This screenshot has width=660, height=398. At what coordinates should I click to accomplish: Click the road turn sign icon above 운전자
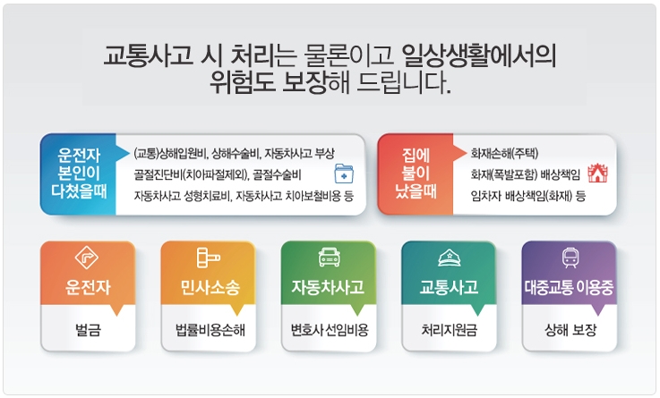click(86, 258)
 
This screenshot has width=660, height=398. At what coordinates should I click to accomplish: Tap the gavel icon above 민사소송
click(209, 258)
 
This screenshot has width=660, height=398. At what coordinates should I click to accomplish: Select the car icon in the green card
click(330, 258)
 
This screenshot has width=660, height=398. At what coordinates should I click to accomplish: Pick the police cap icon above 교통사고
click(450, 258)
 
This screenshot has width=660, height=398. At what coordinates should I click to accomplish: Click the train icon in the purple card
click(570, 258)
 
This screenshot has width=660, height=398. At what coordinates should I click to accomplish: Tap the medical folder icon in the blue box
click(344, 174)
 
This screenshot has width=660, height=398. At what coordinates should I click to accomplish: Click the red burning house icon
click(597, 173)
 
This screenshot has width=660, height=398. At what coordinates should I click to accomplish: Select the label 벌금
click(88, 330)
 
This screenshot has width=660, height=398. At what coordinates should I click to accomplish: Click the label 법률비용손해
click(210, 330)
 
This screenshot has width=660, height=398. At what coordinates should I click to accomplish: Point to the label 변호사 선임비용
click(330, 330)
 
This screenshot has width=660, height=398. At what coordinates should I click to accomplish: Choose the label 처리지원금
click(450, 330)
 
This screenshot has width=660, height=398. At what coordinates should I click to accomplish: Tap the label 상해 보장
click(570, 330)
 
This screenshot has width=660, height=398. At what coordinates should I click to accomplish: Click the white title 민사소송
click(210, 287)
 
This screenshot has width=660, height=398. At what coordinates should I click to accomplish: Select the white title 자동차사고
click(328, 287)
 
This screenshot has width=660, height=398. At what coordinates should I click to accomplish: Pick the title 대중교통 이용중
click(569, 287)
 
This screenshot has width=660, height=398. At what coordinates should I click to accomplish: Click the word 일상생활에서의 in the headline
click(478, 55)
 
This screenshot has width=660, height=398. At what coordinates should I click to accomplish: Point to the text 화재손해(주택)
click(504, 154)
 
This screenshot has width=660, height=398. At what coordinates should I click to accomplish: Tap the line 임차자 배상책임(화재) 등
click(527, 196)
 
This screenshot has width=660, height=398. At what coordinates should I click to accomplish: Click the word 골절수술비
click(277, 174)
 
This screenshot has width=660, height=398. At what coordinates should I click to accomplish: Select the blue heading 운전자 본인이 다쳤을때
click(79, 174)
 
